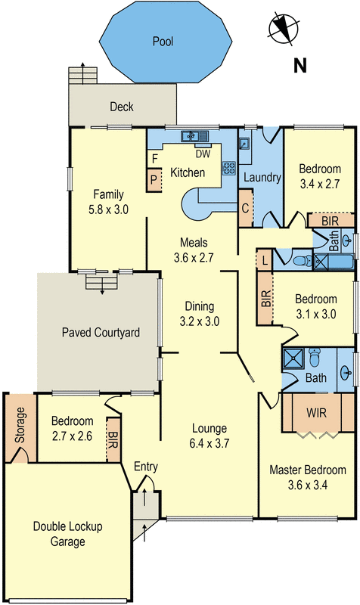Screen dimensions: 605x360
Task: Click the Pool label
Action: coord(163,42)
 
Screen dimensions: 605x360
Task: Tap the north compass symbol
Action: coord(281,28)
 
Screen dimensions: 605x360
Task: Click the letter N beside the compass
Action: coord(299,66)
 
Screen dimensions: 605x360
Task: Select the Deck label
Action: coord(121,107)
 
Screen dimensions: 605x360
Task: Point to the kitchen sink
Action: coord(194,137)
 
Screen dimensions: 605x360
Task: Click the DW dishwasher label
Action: coord(202,154)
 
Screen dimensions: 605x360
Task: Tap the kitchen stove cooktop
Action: coord(228,168)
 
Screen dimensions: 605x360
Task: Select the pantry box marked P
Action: coord(154,180)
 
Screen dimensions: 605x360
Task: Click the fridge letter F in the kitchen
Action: coord(154,159)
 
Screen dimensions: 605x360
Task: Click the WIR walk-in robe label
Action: coord(316,414)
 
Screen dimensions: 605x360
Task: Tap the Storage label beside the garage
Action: coord(20,423)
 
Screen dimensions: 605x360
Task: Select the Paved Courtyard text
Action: coord(101,332)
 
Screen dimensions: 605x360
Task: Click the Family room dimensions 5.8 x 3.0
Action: coord(108,209)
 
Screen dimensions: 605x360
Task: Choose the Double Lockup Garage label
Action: coord(68,534)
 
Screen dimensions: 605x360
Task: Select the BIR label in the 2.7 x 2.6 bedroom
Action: coord(113,437)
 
